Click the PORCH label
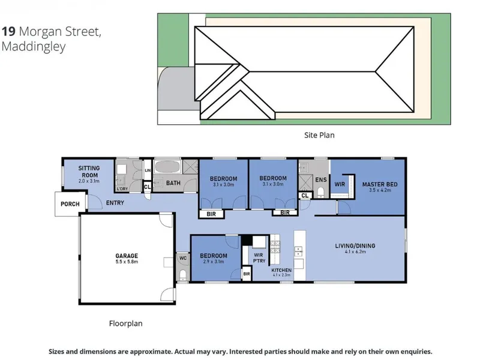(x=70, y=204)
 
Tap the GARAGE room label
(x=127, y=256)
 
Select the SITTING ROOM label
(x=89, y=172)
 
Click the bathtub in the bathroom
(x=167, y=167)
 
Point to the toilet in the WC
(x=183, y=274)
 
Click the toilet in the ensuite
(x=320, y=193)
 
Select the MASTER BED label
(x=380, y=184)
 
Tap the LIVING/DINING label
(x=355, y=245)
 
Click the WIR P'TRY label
(x=259, y=258)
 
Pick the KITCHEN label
(x=281, y=270)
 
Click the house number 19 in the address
(x=8, y=31)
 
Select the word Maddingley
(x=34, y=47)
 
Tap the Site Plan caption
(x=319, y=135)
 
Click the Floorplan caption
(x=125, y=323)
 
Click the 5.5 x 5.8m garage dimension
(x=127, y=262)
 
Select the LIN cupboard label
(x=148, y=170)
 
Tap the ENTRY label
(x=115, y=203)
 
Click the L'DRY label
(x=122, y=189)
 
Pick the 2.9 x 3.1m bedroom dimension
(x=214, y=262)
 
